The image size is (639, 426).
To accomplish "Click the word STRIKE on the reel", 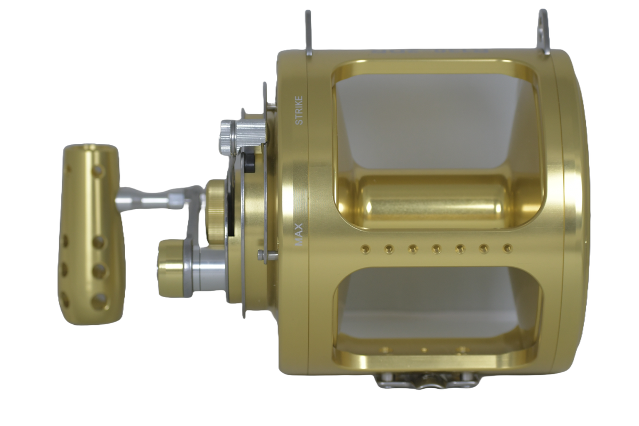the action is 299,110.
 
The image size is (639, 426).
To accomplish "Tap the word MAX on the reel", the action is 299,234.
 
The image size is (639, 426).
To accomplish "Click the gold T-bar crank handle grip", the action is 91,234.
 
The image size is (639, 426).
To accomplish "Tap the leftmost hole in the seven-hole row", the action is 364,250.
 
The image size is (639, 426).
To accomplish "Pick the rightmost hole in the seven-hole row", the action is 507,249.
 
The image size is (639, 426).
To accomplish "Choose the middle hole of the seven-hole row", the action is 436,249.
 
